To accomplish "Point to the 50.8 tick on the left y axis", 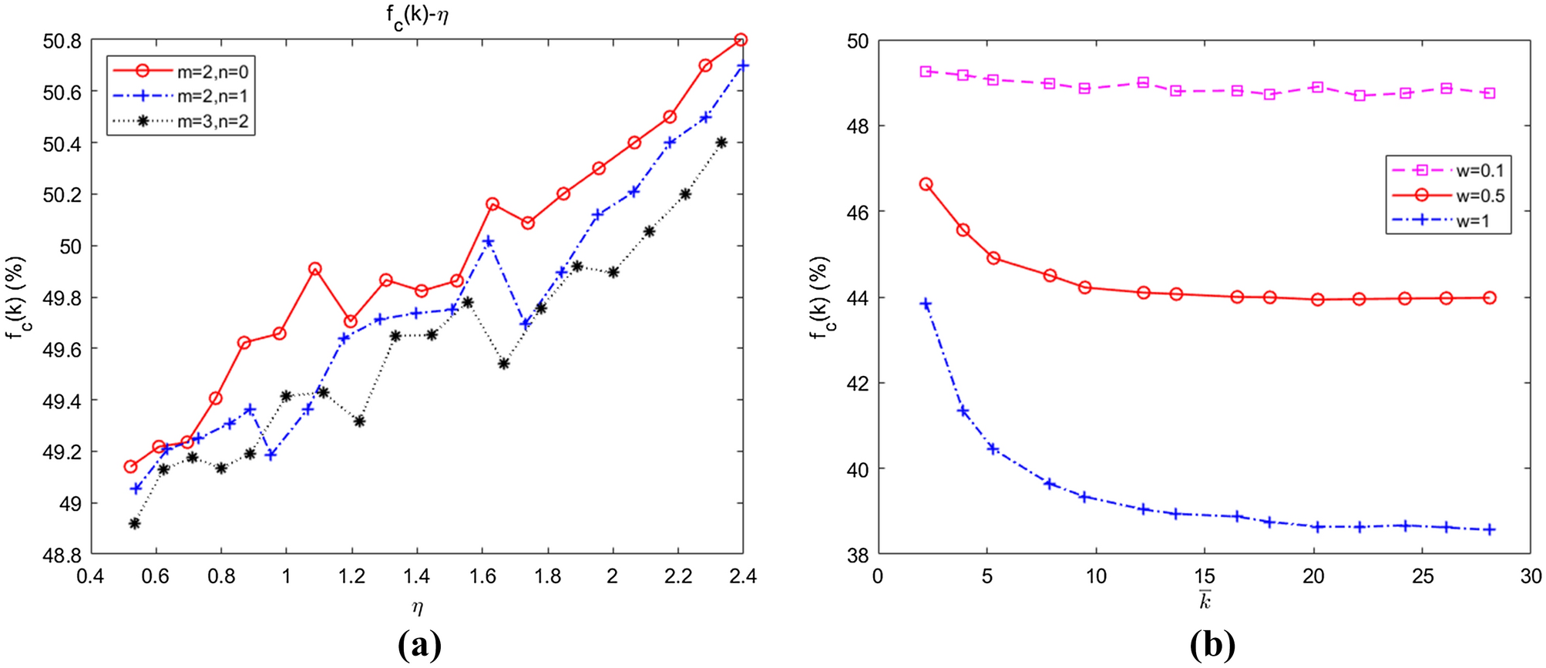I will (62, 41).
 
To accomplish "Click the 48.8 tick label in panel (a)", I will (62, 555).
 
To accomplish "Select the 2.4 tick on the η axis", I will (742, 576).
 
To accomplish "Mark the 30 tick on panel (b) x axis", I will (1530, 576).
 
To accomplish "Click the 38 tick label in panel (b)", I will (857, 555).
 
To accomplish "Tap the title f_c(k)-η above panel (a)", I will (417, 15).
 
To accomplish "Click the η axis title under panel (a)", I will (417, 607).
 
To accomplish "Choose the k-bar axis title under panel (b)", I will (1205, 600).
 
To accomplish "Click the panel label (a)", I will (420, 645).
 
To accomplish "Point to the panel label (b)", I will (1212, 645).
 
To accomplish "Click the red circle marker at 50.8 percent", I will (741, 40).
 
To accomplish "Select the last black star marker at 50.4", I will (721, 143).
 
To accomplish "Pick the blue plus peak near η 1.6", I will (488, 242).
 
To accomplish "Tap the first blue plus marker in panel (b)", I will (926, 304).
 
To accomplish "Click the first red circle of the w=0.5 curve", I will (926, 184).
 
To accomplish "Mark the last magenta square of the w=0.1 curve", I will (1489, 93).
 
